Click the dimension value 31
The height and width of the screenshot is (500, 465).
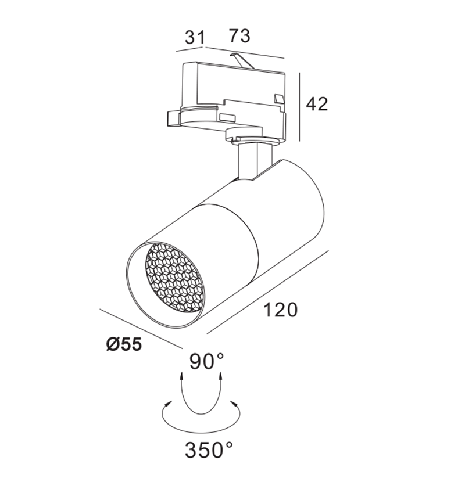click(x=195, y=38)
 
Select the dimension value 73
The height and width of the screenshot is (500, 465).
click(x=239, y=36)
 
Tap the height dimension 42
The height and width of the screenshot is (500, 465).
click(x=317, y=104)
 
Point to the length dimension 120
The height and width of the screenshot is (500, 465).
click(x=281, y=310)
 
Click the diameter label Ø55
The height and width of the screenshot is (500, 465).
click(x=124, y=344)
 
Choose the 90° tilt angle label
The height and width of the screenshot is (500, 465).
click(x=206, y=362)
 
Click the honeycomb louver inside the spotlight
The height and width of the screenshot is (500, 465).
click(x=174, y=276)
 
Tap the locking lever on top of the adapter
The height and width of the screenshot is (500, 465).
click(x=239, y=59)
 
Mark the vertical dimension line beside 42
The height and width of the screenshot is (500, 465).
click(x=299, y=107)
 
